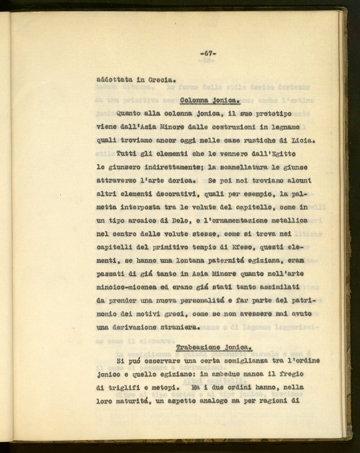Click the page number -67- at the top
click(x=208, y=53)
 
